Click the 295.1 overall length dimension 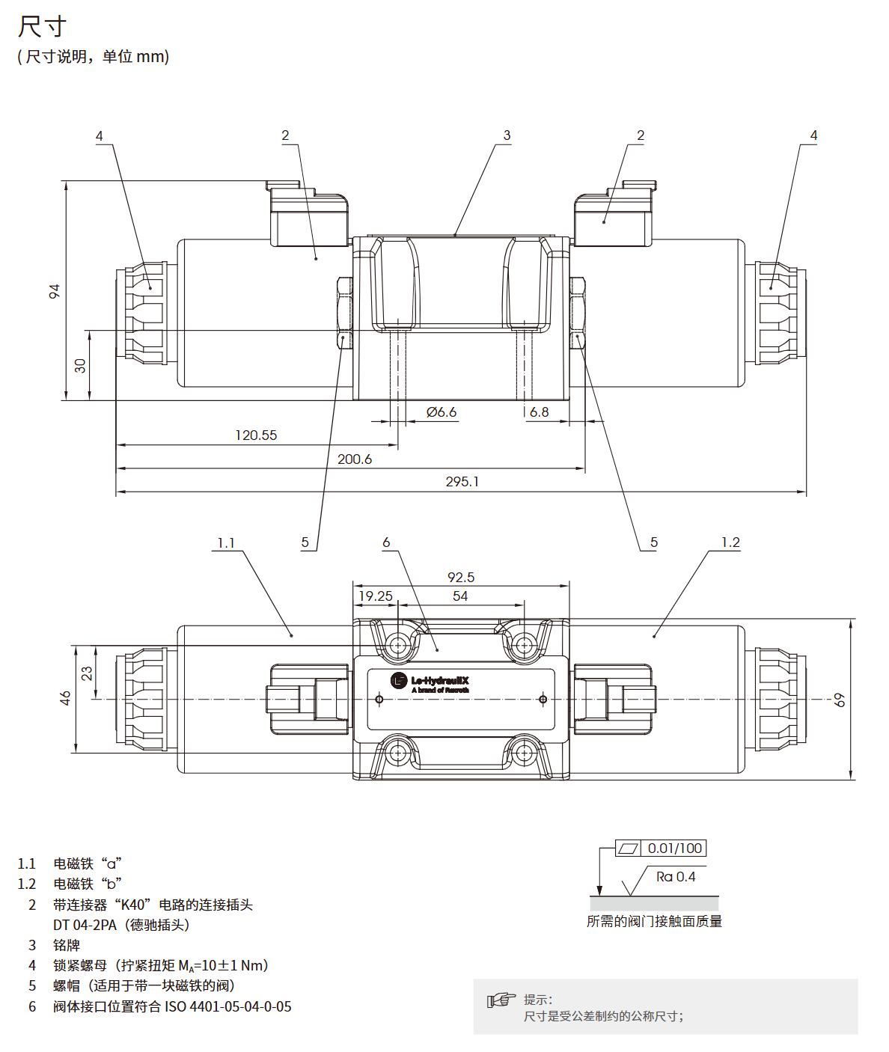tap(462, 482)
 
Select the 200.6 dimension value tap(354, 459)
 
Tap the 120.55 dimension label tap(256, 435)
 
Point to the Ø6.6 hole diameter tap(442, 412)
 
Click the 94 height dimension tap(55, 291)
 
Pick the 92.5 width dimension tap(461, 578)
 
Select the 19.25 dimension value tap(376, 596)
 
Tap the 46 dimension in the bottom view tap(66, 698)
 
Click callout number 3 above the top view tap(507, 135)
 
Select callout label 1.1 tap(226, 543)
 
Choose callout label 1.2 tap(730, 542)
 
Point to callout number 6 tap(386, 542)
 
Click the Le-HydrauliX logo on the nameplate tap(430, 682)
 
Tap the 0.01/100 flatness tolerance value tap(675, 848)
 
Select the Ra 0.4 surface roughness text tap(676, 877)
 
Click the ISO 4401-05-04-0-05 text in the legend tap(228, 1007)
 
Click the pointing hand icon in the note tap(501, 1000)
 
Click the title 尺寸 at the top tap(43, 27)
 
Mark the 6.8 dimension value tap(539, 412)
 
